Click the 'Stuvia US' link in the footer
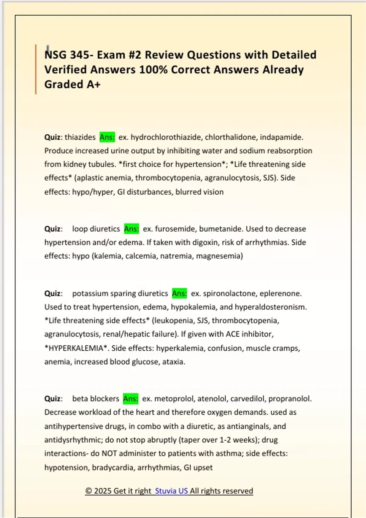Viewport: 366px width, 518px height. pyautogui.click(x=171, y=491)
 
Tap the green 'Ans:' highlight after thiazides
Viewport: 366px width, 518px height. pyautogui.click(x=107, y=137)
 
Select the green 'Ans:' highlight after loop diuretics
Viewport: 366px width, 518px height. pyautogui.click(x=131, y=229)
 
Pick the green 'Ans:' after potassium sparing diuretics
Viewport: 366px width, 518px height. pyautogui.click(x=179, y=293)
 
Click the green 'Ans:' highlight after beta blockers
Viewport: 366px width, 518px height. pyautogui.click(x=131, y=399)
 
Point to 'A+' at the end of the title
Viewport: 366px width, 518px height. pyautogui.click(x=93, y=84)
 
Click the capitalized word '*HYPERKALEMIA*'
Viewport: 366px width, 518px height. pyautogui.click(x=76, y=348)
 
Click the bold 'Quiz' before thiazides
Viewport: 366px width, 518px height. pyautogui.click(x=52, y=137)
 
